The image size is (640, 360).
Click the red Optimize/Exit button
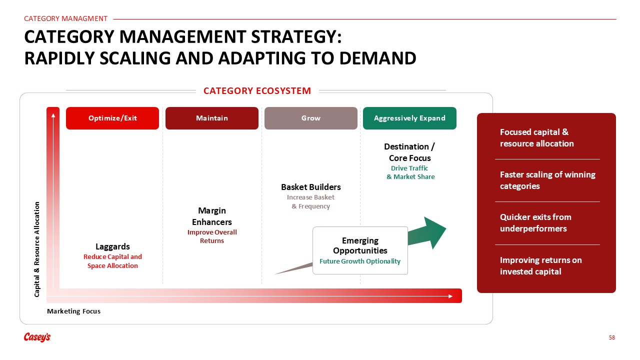click(x=112, y=118)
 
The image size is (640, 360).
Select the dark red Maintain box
click(x=211, y=118)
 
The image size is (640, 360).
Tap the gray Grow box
click(x=311, y=118)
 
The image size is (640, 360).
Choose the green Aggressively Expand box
click(x=409, y=118)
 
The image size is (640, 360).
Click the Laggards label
click(x=112, y=246)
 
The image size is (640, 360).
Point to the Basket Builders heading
click(x=311, y=187)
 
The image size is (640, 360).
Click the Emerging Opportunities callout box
click(x=360, y=250)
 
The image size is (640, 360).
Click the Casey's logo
click(x=37, y=337)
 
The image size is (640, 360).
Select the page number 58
click(x=611, y=337)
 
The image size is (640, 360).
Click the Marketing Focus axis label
click(x=73, y=311)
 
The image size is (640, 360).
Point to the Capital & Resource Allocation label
click(x=37, y=249)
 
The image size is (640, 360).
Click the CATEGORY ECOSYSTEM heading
click(x=257, y=91)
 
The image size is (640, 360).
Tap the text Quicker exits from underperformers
click(x=535, y=223)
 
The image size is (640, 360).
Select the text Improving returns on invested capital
click(x=541, y=265)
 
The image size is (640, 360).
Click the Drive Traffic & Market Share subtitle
click(x=410, y=172)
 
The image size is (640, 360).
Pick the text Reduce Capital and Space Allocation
click(x=112, y=261)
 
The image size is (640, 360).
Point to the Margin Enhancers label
click(x=211, y=216)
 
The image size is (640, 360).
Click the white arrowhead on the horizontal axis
click(x=450, y=296)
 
